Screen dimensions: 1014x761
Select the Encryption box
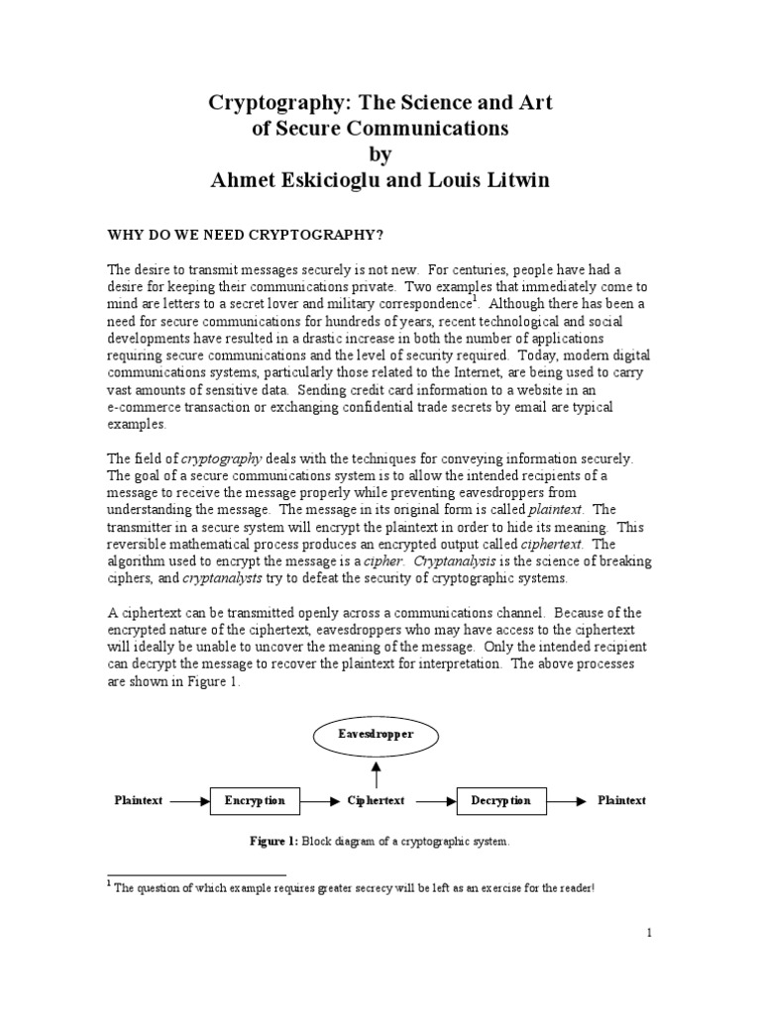(255, 801)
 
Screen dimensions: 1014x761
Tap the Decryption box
(500, 801)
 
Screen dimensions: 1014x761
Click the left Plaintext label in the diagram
(138, 801)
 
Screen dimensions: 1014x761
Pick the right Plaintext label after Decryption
(621, 801)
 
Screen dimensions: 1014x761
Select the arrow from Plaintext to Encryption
(189, 801)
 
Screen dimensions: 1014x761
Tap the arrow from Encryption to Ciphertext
(318, 801)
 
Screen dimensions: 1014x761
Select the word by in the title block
(380, 154)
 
